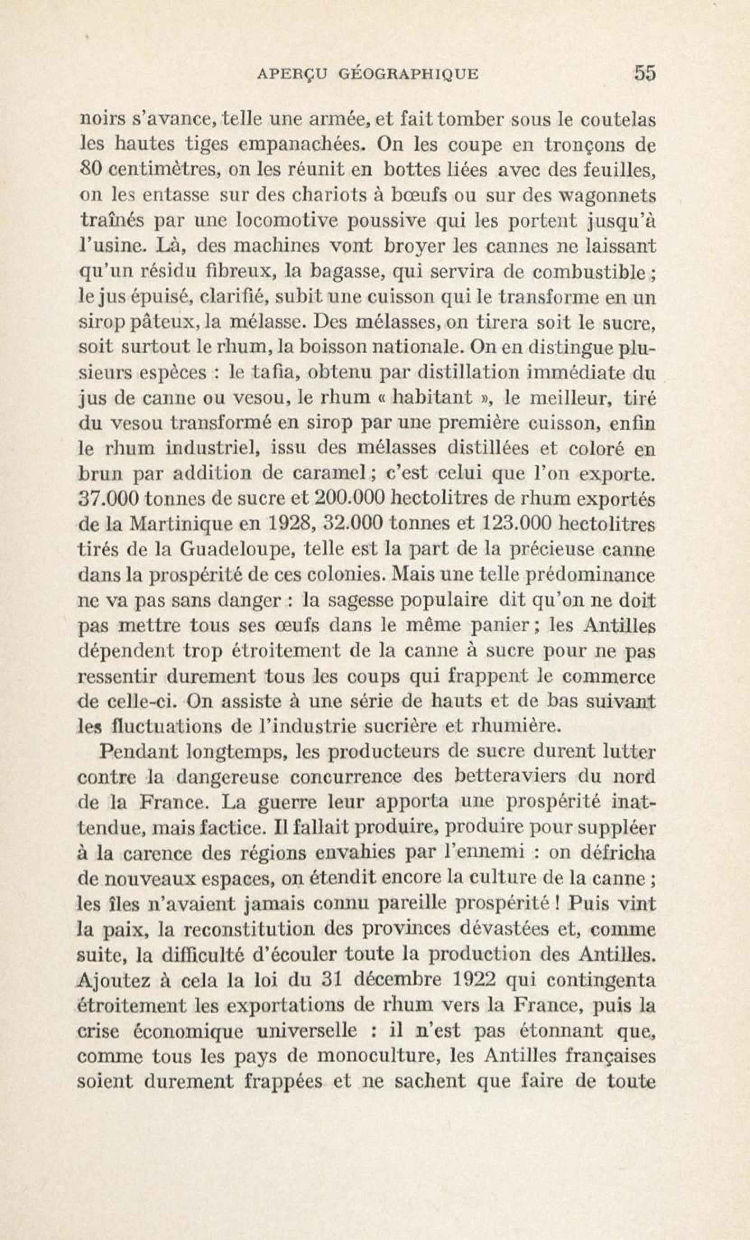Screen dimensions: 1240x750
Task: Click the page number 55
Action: [x=645, y=74]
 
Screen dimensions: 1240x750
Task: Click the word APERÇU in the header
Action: [x=292, y=75]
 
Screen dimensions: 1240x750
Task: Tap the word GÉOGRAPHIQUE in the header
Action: [x=408, y=75]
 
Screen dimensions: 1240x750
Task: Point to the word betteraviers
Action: [x=510, y=777]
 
